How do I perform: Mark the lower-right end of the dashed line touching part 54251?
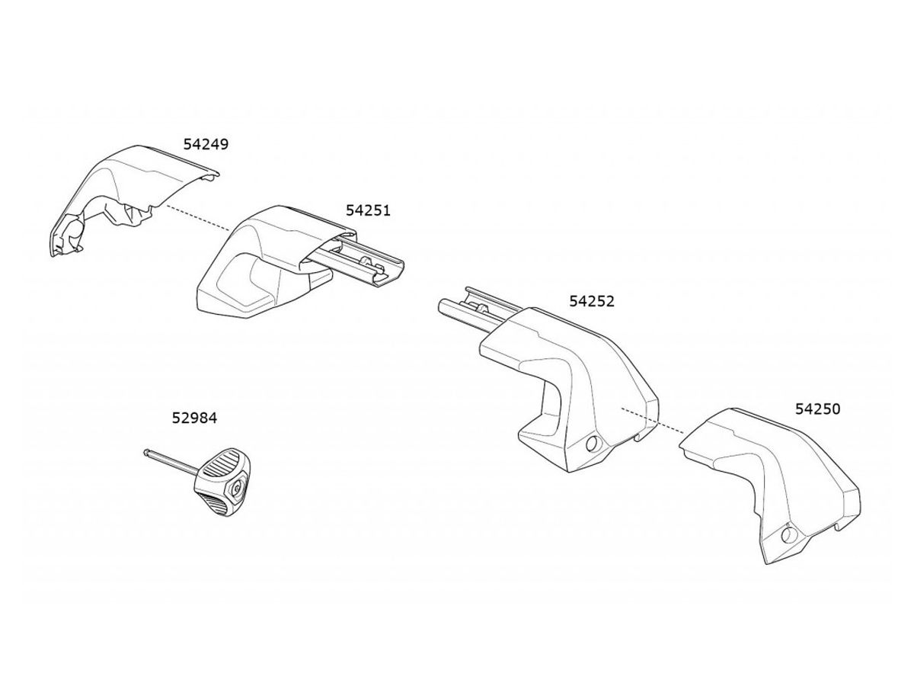pyautogui.click(x=230, y=230)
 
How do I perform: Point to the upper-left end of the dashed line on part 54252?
pyautogui.click(x=622, y=409)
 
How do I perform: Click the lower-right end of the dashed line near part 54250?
pyautogui.click(x=683, y=433)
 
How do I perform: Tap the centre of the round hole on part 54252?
pyautogui.click(x=592, y=444)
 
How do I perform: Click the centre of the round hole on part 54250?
pyautogui.click(x=787, y=534)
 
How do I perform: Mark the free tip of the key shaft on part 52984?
pyautogui.click(x=145, y=451)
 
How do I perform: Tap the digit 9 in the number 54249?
pyautogui.click(x=224, y=145)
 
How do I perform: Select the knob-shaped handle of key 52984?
pyautogui.click(x=222, y=482)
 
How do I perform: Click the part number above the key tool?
pyautogui.click(x=194, y=418)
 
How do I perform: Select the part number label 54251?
pyautogui.click(x=368, y=210)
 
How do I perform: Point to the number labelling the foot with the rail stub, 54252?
pyautogui.click(x=592, y=301)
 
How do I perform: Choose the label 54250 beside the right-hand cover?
pyautogui.click(x=818, y=409)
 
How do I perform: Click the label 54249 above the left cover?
pyautogui.click(x=206, y=145)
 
